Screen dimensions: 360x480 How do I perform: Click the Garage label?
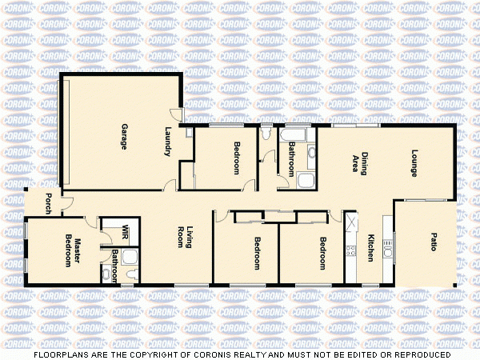[x=125, y=133]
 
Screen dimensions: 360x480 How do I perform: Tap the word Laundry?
[x=168, y=142]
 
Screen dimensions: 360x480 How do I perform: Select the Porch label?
[x=50, y=204]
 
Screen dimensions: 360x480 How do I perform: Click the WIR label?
[x=126, y=233]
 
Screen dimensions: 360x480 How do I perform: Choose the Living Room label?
[x=186, y=238]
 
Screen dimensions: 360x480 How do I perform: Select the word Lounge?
[x=414, y=162]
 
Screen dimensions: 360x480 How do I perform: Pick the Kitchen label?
[x=370, y=248]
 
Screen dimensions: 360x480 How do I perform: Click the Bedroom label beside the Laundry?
[x=237, y=158]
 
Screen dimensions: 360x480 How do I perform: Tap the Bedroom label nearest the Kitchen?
[x=322, y=254]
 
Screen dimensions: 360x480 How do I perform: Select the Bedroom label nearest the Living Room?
[x=257, y=254]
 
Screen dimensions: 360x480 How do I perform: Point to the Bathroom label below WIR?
[x=115, y=264]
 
